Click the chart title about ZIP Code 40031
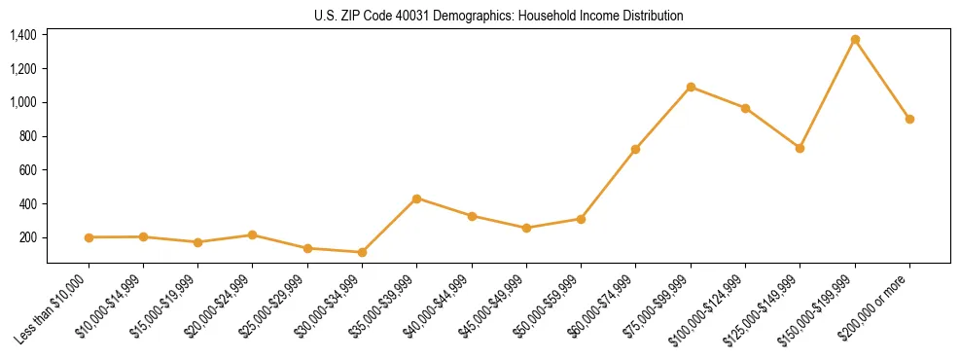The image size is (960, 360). click(x=499, y=16)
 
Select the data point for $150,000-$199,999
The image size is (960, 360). click(x=855, y=40)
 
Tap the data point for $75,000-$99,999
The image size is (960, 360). click(x=691, y=87)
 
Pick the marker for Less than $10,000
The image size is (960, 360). click(x=89, y=237)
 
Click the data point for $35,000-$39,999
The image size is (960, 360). click(x=416, y=198)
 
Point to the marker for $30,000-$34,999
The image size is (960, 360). click(x=362, y=252)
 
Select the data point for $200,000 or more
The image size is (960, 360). click(x=909, y=119)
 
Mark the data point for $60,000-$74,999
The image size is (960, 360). click(x=635, y=149)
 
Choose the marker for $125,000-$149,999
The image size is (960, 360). click(x=800, y=148)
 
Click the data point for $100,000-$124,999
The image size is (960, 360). click(x=745, y=108)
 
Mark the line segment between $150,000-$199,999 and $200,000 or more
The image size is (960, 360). click(x=882, y=80)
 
